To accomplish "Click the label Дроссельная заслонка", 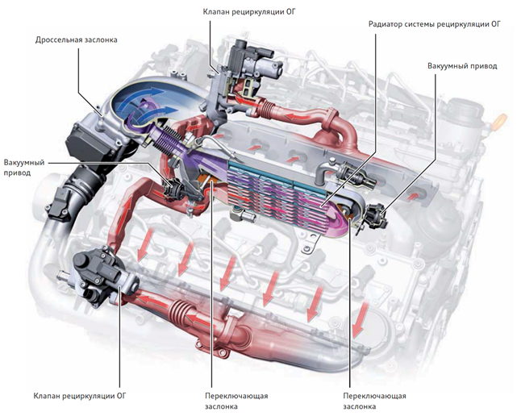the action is (x=76, y=40).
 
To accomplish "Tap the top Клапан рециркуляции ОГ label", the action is (x=249, y=12).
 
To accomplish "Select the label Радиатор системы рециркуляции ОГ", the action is (x=434, y=24).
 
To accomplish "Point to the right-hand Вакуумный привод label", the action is (x=462, y=66).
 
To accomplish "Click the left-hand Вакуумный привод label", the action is (x=24, y=168).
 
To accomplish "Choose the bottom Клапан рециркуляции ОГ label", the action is (x=80, y=396).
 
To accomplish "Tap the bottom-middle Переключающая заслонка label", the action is (x=236, y=401).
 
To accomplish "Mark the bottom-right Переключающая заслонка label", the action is (x=374, y=401).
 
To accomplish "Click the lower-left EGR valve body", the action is (x=102, y=277).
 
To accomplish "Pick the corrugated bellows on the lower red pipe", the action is (x=181, y=312).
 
